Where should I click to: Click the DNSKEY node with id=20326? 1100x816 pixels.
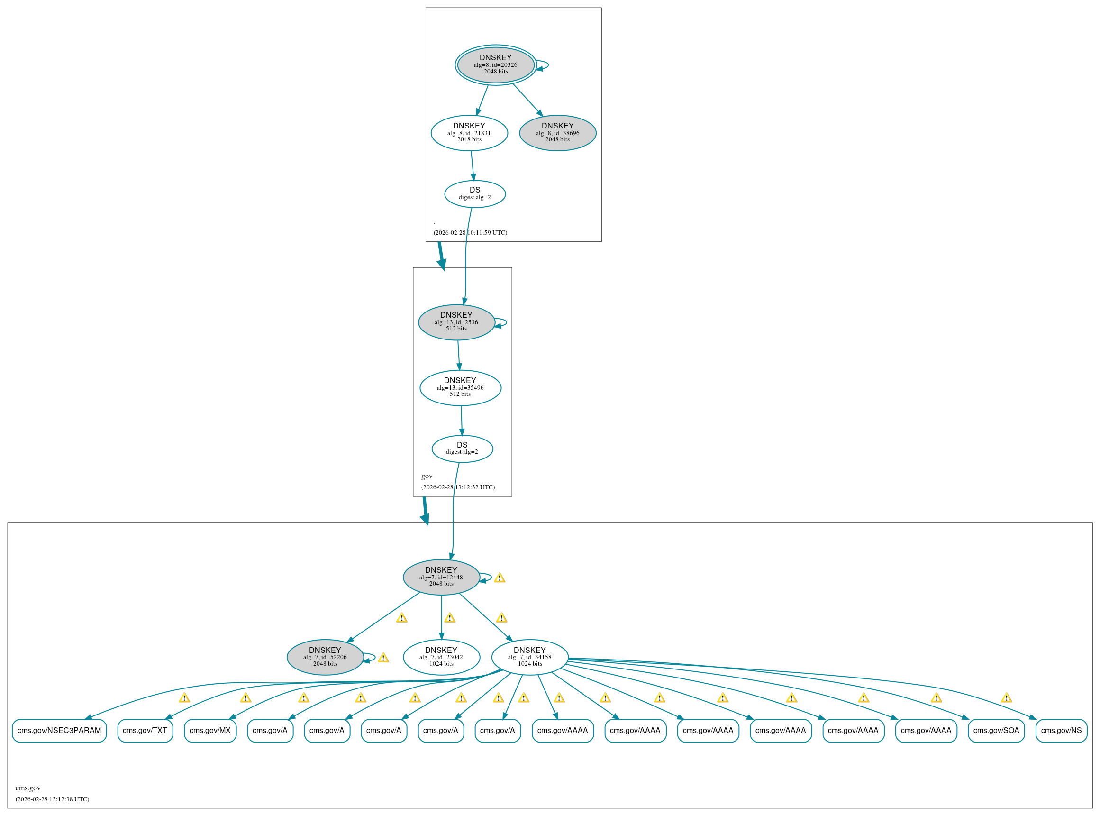pos(495,64)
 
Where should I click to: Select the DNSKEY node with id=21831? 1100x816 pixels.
pos(469,133)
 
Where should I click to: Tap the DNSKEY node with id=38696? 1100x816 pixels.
pos(557,133)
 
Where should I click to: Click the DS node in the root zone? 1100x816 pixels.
pos(474,193)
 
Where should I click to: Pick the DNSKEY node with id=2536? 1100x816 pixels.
pos(456,322)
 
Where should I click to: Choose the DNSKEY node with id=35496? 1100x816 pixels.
pos(460,388)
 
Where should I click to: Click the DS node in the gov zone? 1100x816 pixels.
pos(462,449)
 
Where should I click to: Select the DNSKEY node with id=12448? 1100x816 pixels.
pos(441,577)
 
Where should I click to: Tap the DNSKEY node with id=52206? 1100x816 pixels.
pos(325,657)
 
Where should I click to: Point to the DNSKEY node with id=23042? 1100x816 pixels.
pos(441,657)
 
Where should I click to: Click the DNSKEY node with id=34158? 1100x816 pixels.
pos(530,657)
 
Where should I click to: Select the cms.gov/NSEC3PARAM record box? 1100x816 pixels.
pos(59,731)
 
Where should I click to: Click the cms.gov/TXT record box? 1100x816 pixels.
pos(145,731)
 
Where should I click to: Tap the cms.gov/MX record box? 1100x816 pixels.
pos(210,731)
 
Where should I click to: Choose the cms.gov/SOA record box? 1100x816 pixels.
pos(996,731)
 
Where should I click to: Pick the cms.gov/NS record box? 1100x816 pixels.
pos(1061,731)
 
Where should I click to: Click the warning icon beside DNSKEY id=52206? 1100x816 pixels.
pos(383,658)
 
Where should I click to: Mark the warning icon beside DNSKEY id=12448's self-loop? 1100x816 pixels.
pos(499,578)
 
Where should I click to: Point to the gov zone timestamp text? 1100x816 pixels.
pos(458,487)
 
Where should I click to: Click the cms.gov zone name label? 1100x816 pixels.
pos(28,788)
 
